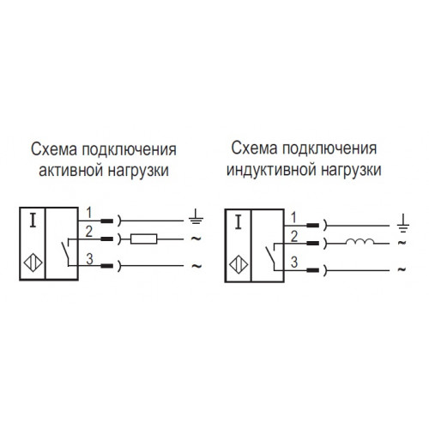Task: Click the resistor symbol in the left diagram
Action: coord(143,239)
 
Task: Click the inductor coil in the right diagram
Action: coord(360,242)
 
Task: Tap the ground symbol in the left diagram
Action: coord(196,216)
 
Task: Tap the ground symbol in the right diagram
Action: coord(403,222)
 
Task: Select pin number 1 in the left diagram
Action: coord(89,213)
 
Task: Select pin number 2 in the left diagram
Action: coord(89,232)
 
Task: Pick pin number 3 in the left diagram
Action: coord(90,259)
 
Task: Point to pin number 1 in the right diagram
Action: coord(293,218)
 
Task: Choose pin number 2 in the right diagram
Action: coord(294,237)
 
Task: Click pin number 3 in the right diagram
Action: coord(294,263)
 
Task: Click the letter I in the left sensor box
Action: coord(33,221)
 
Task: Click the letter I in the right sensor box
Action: coord(238,223)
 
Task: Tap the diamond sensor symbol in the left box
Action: coord(33,263)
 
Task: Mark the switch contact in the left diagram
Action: coord(66,251)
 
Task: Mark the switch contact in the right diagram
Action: coord(271,256)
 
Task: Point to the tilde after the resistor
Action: coord(196,239)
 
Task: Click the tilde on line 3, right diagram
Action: coord(402,269)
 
